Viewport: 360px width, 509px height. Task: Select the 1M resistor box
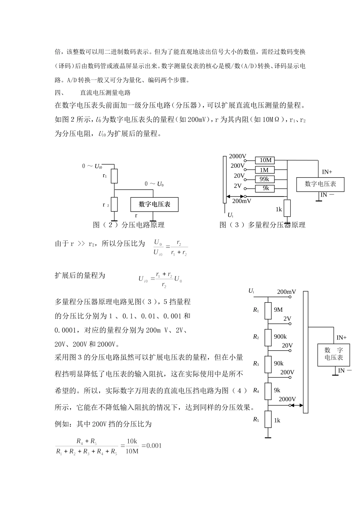pos(265,170)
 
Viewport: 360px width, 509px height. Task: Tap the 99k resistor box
pos(265,179)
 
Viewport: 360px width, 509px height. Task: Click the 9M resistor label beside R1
pos(278,310)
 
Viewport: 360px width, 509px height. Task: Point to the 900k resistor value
pos(280,337)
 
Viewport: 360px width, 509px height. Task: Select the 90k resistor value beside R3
pos(279,363)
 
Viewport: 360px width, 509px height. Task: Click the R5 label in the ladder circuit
pos(256,419)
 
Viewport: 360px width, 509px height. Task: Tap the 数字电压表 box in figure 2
pos(154,205)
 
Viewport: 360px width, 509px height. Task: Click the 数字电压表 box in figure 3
pos(320,184)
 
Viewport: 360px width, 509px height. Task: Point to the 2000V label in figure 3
pos(238,156)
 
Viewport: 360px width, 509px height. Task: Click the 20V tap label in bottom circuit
pos(287,345)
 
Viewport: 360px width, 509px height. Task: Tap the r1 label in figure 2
pos(105,176)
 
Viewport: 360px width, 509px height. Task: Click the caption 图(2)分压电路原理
pos(128,225)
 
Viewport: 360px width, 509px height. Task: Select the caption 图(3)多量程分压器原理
pos(262,225)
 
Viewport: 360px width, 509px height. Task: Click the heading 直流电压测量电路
pos(105,92)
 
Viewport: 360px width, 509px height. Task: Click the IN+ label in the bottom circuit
pos(341,337)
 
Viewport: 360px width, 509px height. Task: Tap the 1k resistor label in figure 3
pos(279,209)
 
